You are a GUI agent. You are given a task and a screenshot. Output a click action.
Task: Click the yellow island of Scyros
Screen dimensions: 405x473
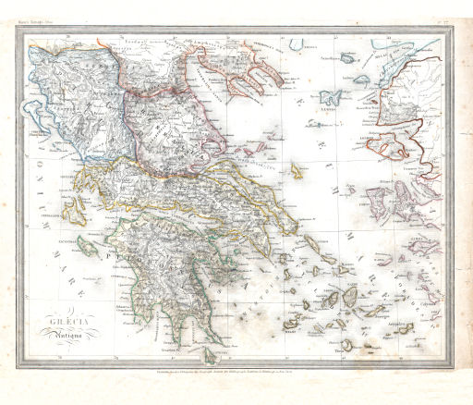(298, 171)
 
